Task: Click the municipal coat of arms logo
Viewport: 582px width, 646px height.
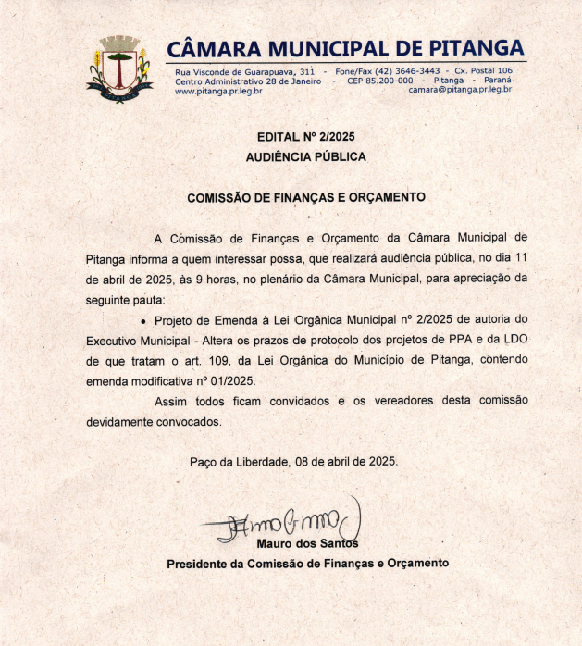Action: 118,68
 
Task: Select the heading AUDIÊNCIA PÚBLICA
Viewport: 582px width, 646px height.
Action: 305,157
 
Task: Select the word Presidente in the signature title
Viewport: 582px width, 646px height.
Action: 198,563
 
